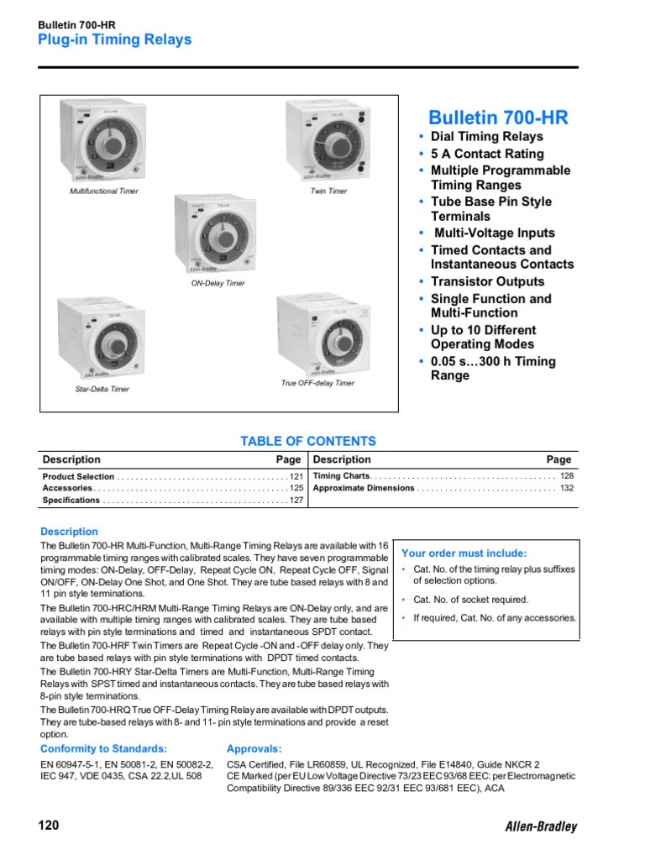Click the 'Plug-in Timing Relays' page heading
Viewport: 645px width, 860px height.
(x=114, y=39)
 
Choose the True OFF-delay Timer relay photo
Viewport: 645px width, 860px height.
(x=317, y=334)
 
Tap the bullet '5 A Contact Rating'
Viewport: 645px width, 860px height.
(x=486, y=154)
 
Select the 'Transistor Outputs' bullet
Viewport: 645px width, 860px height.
(x=487, y=281)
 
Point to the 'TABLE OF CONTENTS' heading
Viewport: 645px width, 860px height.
(x=308, y=441)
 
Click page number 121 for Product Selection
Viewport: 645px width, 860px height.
(x=296, y=476)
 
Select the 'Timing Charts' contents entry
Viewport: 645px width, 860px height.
(x=341, y=475)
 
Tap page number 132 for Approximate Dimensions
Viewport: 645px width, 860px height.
(x=567, y=488)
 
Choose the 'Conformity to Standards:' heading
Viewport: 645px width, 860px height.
(x=104, y=748)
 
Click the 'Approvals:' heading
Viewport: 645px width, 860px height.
(x=254, y=748)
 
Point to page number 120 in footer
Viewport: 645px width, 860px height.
(x=49, y=826)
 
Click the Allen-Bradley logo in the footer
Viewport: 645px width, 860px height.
(x=541, y=826)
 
